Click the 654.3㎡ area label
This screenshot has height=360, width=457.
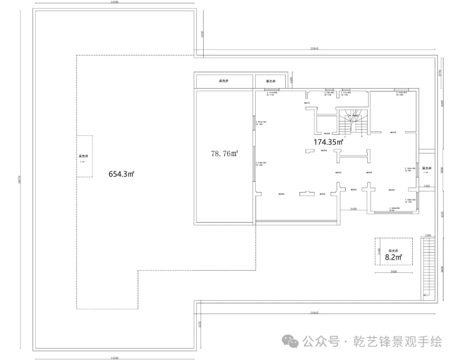coord(121,173)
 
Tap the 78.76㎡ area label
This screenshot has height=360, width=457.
coord(224,154)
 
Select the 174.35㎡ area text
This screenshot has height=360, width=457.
coord(328,142)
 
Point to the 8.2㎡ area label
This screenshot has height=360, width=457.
coord(394,256)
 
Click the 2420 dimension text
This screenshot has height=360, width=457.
coord(355,209)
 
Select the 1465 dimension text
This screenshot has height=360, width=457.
coord(426,186)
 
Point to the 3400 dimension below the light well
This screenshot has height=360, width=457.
coord(394,272)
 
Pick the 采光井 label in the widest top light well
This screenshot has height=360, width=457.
coord(224,81)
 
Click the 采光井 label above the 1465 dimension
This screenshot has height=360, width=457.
coord(426,168)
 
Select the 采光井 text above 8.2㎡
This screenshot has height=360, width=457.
coord(394,251)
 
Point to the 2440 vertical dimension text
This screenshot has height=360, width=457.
coord(380,252)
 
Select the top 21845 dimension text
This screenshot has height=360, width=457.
coord(314,49)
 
